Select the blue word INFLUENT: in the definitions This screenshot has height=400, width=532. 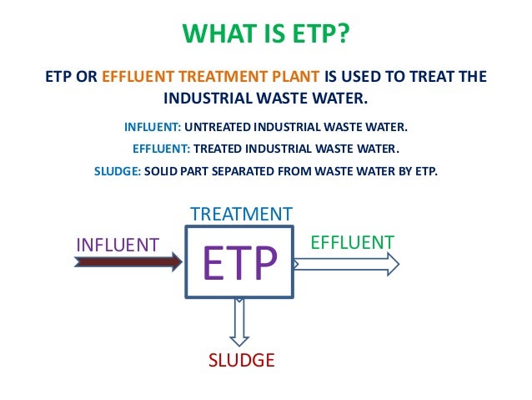(x=152, y=127)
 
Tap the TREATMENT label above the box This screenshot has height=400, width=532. (x=241, y=215)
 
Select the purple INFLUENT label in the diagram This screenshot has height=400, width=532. (x=118, y=245)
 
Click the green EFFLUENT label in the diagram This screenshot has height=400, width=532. (x=352, y=242)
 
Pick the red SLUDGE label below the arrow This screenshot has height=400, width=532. (x=241, y=361)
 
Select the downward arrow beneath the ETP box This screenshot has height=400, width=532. (x=240, y=322)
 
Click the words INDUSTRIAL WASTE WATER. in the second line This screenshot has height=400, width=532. (x=265, y=99)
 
